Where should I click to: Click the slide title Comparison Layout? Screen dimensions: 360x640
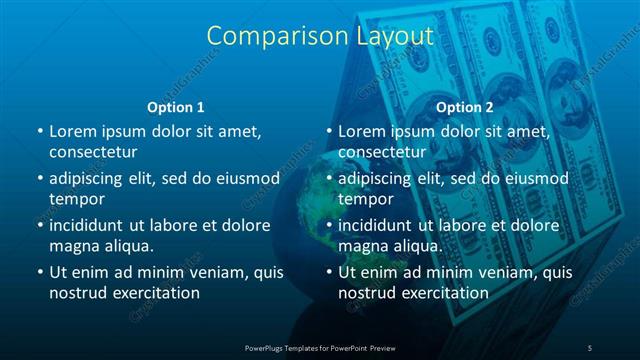[x=320, y=36]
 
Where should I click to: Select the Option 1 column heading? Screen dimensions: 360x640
[x=176, y=106]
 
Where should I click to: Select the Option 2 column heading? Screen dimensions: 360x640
[x=465, y=106]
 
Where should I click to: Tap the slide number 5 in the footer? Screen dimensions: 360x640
[x=590, y=347]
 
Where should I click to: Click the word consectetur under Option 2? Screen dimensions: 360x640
[x=383, y=151]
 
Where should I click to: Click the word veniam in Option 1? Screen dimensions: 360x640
[x=209, y=272]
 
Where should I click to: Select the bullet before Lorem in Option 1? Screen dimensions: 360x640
[x=39, y=131]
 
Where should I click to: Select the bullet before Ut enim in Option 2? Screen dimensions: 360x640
[x=329, y=272]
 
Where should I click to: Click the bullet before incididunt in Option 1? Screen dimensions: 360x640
[x=39, y=225]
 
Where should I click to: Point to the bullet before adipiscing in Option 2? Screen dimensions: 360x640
[x=329, y=178]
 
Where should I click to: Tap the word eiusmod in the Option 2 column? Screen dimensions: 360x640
[x=535, y=178]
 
